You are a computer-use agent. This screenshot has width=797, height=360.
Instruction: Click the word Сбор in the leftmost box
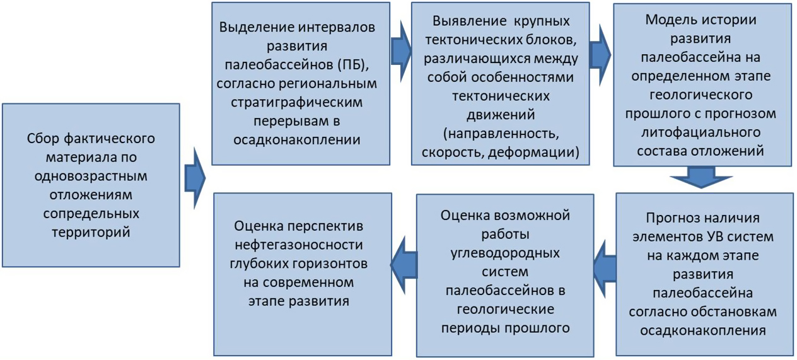(43, 139)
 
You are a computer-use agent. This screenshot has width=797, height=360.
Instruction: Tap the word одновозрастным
(91, 176)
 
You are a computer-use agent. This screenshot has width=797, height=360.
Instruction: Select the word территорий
(91, 232)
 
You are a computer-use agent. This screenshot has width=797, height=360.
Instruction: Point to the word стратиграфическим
(297, 102)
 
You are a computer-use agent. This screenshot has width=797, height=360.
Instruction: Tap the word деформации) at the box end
(533, 152)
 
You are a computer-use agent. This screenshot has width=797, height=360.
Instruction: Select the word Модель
(667, 20)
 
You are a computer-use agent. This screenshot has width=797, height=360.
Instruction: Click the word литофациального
(701, 132)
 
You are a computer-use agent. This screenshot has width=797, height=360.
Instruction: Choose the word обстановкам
(733, 311)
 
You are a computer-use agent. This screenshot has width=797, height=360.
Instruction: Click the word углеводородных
(505, 253)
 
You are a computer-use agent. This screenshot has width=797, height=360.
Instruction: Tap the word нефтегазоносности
(299, 245)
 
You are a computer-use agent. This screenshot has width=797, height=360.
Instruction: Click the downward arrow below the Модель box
(701, 177)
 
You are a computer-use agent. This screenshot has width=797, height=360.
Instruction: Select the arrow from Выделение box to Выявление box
(401, 52)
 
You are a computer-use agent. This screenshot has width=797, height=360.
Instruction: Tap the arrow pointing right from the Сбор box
(195, 178)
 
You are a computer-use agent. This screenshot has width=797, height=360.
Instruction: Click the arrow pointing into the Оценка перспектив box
(404, 265)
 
